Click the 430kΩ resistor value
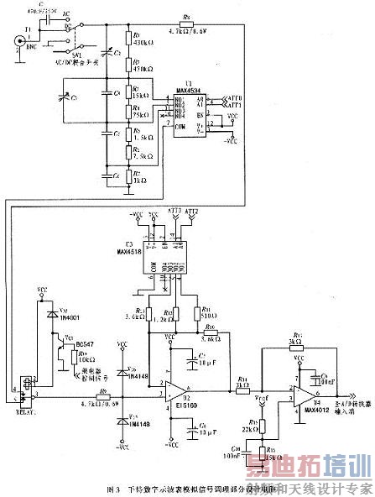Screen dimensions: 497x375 pyautogui.click(x=141, y=42)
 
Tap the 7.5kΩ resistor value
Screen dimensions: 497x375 pyautogui.click(x=141, y=154)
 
